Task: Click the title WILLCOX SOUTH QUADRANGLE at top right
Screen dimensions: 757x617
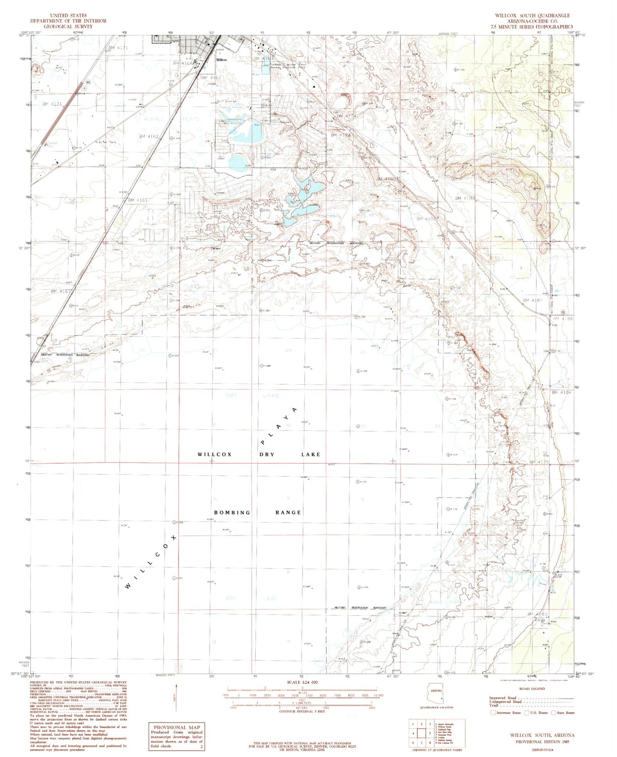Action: click(532, 15)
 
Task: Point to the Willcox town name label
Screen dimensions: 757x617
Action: click(221, 60)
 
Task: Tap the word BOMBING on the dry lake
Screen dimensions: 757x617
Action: click(232, 512)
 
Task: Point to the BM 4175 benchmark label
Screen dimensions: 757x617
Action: click(538, 462)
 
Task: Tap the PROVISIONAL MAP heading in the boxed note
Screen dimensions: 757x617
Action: click(176, 727)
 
